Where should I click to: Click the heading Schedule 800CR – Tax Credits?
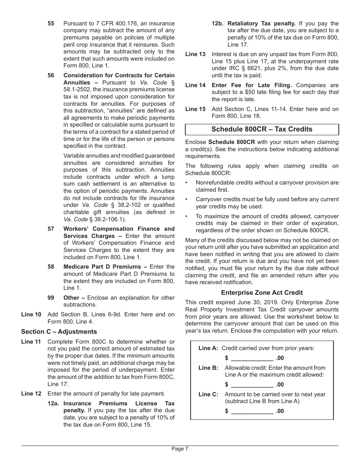262,129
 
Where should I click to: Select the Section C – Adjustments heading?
59,332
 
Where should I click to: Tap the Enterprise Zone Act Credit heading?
262,292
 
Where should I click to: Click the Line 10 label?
31,314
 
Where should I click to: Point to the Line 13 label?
196,54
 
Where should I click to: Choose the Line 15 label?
196,109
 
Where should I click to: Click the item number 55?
51,23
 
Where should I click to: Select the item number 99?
51,298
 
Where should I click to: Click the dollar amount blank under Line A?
252,358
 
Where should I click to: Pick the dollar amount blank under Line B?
252,385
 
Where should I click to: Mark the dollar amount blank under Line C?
252,411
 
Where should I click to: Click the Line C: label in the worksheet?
208,394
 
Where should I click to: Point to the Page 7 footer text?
180,449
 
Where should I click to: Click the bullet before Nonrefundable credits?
186,183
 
